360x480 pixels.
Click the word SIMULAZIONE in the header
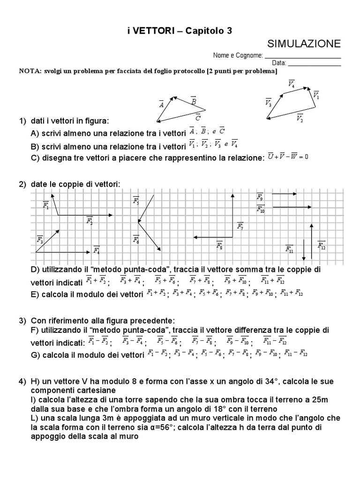click(x=304, y=44)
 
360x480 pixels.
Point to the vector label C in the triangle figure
click(x=198, y=117)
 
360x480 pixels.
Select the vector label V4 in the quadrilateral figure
click(x=291, y=84)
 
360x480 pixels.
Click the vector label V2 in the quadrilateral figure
click(x=300, y=118)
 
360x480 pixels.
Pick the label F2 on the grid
click(x=90, y=221)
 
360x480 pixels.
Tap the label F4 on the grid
click(x=96, y=250)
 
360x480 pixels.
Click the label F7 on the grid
click(x=240, y=226)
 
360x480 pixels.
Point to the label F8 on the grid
click(x=219, y=244)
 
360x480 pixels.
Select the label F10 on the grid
click(x=261, y=209)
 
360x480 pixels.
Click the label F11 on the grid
click(x=289, y=248)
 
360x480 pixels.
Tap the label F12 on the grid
click(x=321, y=245)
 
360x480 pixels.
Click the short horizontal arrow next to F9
click(x=284, y=193)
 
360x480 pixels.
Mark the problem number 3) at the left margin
click(x=22, y=321)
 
